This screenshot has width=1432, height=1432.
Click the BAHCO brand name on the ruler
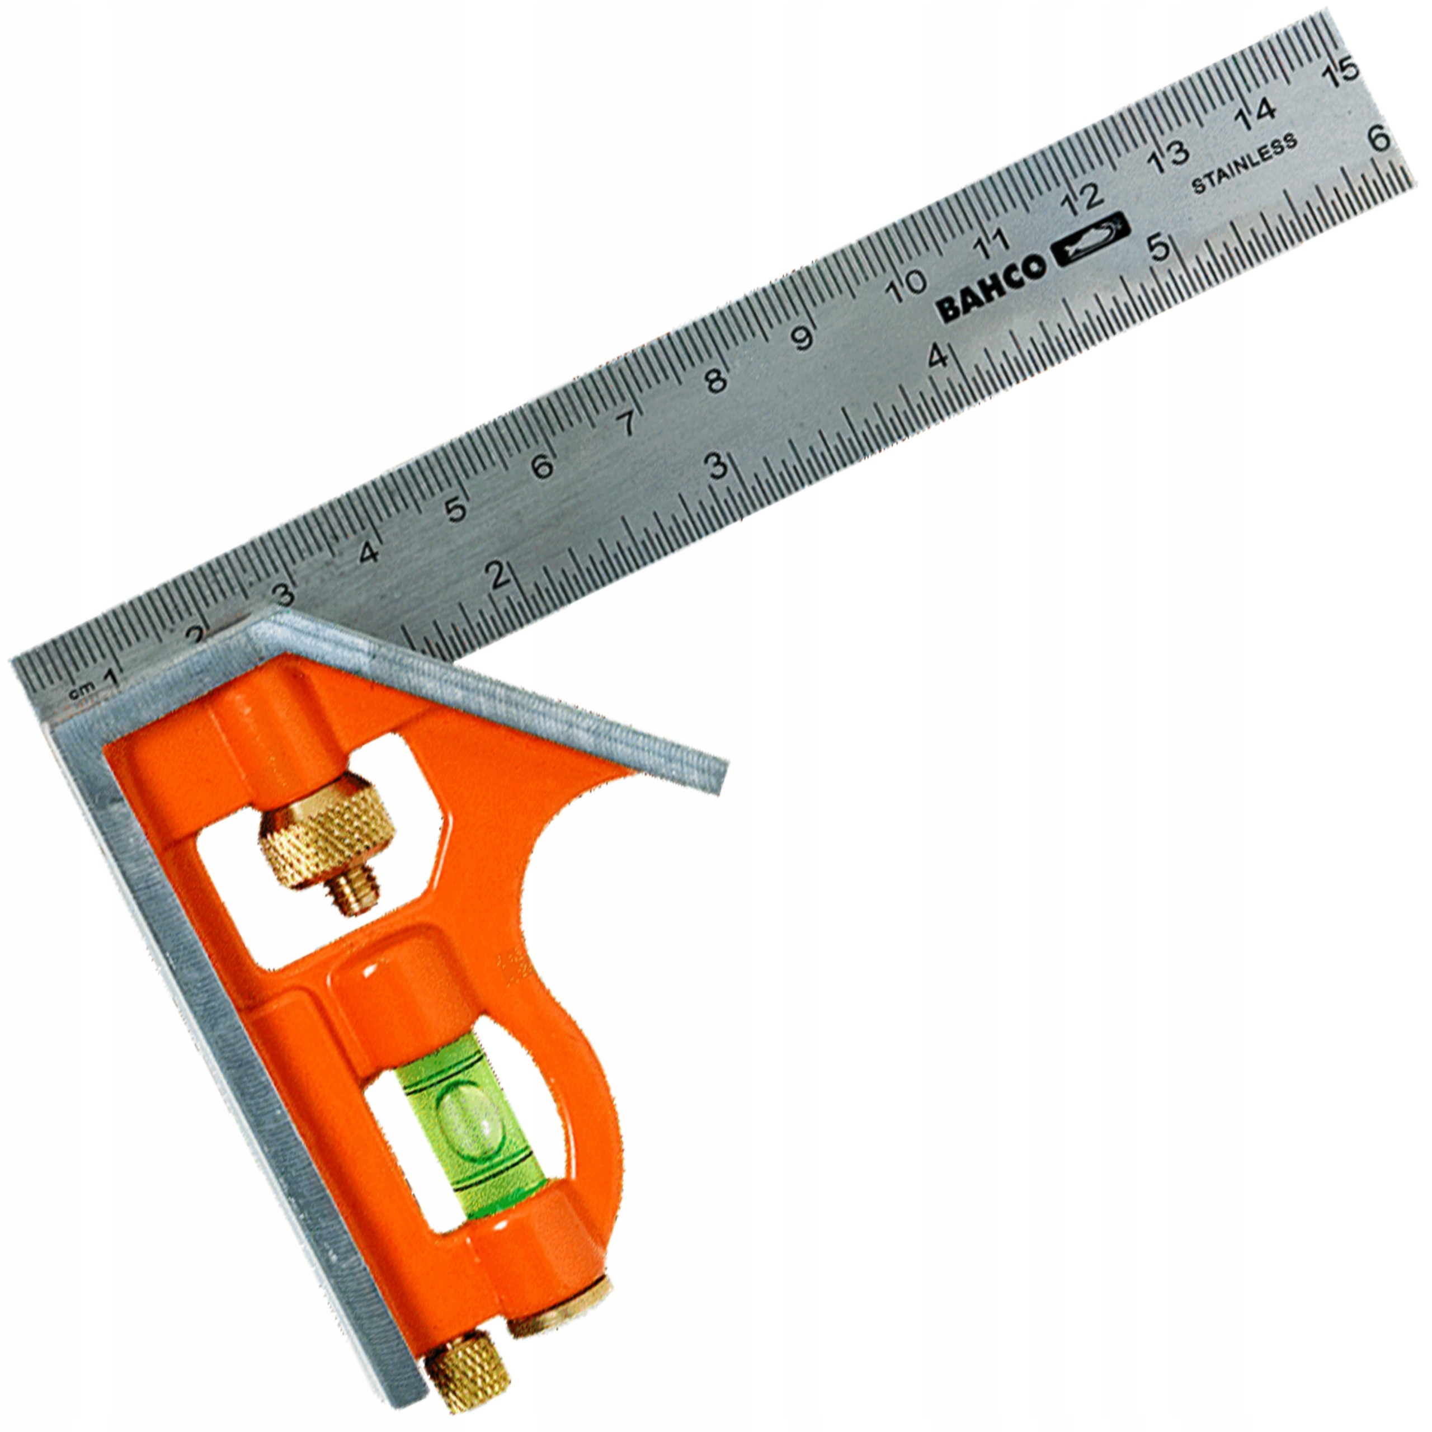[991, 285]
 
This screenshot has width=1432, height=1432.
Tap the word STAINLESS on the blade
[1245, 164]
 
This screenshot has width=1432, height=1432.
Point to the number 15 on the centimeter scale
[1341, 72]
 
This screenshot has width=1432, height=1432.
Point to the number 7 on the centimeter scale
[627, 424]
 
